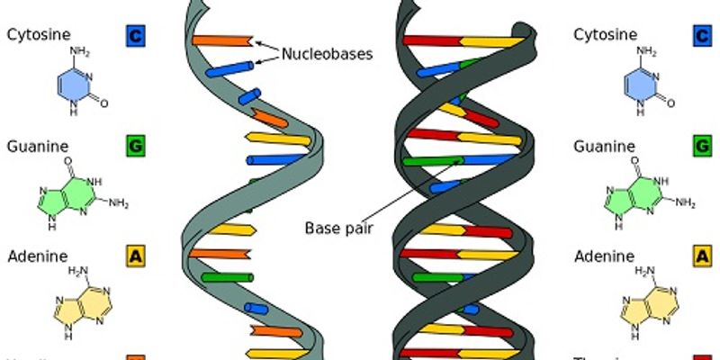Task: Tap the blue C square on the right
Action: pos(701,36)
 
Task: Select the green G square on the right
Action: pos(701,146)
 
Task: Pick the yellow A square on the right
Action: pos(701,257)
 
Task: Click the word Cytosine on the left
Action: pos(38,35)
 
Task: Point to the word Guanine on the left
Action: pos(37,145)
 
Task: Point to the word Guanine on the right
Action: pos(604,145)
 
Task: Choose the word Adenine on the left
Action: pos(37,256)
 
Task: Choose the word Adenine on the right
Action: pos(604,256)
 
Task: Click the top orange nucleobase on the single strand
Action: pos(221,41)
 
